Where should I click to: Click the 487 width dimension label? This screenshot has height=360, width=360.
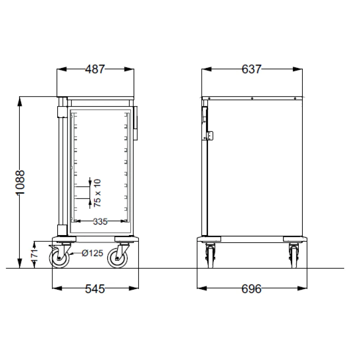[95, 69]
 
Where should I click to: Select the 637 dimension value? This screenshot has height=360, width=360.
[251, 69]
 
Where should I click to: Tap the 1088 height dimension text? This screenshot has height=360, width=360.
[21, 183]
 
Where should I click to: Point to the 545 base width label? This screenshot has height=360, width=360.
[95, 288]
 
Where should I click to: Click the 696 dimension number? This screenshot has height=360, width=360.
[251, 288]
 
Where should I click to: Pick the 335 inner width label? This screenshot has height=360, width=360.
[100, 222]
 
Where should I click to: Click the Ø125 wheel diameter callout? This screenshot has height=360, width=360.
[93, 253]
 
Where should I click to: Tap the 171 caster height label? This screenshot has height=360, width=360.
[34, 254]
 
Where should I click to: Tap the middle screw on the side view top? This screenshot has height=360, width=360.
[252, 98]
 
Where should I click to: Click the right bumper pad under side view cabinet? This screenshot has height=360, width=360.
[294, 239]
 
